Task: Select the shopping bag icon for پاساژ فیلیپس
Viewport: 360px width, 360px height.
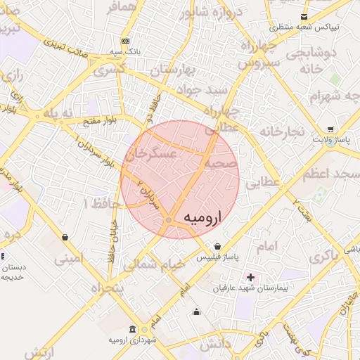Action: click(217, 247)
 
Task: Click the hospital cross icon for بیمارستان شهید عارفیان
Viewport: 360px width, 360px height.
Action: click(250, 278)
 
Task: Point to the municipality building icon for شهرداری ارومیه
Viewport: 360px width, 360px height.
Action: click(133, 329)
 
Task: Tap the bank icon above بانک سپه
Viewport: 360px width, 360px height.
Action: click(124, 41)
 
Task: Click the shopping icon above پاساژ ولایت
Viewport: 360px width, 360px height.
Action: click(330, 129)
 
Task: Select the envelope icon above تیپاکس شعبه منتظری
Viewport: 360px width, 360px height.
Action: click(304, 17)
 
